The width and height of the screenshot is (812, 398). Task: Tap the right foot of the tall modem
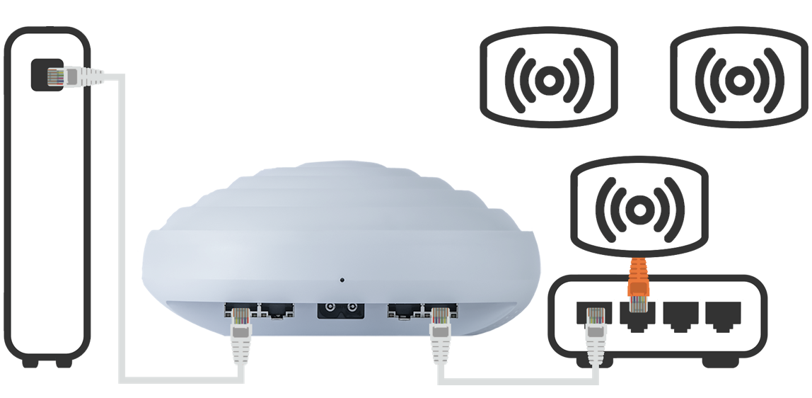click(64, 361)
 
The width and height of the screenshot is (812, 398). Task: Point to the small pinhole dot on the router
click(343, 280)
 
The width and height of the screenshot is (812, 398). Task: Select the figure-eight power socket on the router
click(337, 309)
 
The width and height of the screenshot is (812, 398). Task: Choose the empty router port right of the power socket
click(402, 309)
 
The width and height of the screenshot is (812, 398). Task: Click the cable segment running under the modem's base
click(180, 380)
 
